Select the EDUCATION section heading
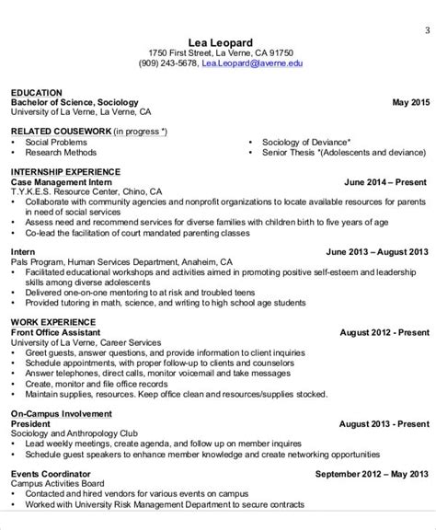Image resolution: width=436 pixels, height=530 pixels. (37, 93)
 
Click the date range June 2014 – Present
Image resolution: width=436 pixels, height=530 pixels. (385, 181)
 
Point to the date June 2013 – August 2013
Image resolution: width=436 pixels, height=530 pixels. (377, 251)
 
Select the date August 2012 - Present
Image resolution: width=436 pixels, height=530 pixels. (384, 330)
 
